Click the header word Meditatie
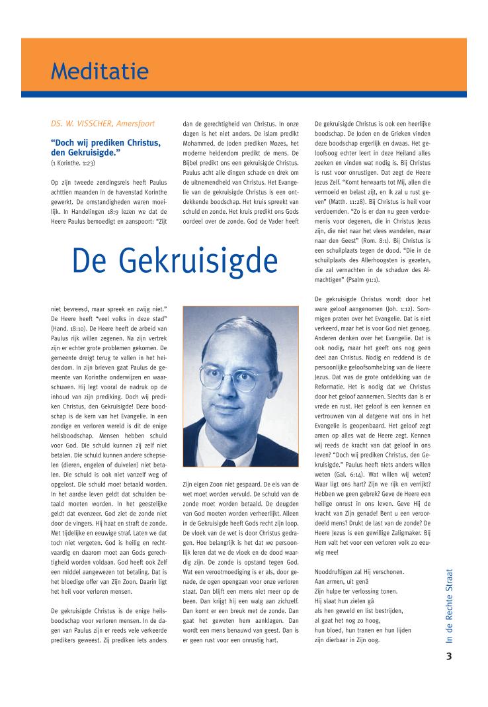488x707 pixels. [x=100, y=71]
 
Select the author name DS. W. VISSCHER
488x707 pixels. [x=88, y=124]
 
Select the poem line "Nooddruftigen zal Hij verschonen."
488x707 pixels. [x=359, y=571]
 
